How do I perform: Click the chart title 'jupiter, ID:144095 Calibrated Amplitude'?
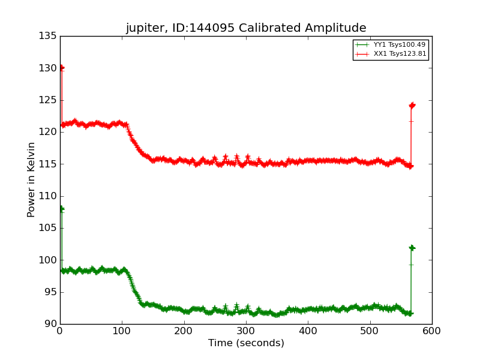[x=246, y=28]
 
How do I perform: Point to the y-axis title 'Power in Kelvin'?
[x=31, y=179]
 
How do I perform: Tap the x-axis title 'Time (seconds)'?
[x=246, y=343]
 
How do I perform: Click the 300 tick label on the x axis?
[x=246, y=331]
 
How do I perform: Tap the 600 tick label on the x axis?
[x=431, y=331]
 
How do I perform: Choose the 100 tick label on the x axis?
[x=122, y=331]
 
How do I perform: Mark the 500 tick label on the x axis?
[x=370, y=331]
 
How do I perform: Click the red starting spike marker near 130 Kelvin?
[x=61, y=68]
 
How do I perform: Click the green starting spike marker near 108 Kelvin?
[x=61, y=209]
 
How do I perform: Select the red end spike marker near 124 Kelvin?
[x=412, y=106]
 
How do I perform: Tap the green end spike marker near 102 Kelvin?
[x=412, y=248]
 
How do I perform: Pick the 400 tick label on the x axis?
[x=308, y=331]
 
